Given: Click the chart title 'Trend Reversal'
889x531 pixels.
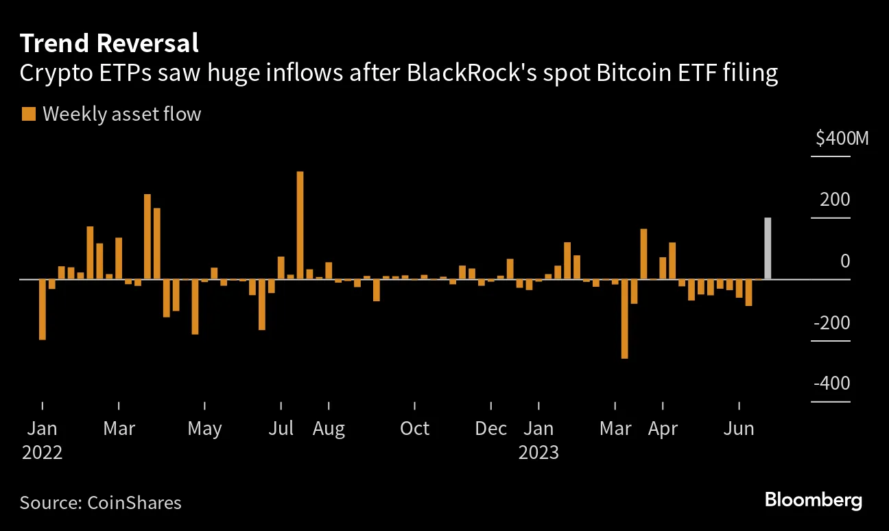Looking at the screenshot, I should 109,43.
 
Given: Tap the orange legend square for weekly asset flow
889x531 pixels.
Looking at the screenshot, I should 28,114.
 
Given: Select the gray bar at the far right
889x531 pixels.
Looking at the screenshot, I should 768,248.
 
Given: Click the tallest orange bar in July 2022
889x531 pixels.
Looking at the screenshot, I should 300,225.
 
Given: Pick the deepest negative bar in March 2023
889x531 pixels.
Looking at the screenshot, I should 624,318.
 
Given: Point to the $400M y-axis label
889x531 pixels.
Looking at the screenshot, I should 842,139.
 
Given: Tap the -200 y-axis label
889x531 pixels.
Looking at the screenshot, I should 832,323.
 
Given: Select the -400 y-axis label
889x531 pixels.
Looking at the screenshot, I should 832,384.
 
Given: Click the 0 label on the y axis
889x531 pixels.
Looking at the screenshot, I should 844,261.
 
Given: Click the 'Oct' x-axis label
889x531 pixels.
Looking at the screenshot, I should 414,429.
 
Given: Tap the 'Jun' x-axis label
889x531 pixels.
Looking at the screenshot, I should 739,429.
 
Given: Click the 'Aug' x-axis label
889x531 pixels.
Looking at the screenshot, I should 329,429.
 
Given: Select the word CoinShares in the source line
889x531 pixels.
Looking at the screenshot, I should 134,502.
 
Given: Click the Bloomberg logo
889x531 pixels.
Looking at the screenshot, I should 813,500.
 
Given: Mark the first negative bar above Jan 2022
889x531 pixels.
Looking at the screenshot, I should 43,309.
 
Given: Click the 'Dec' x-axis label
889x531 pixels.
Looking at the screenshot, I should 490,429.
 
